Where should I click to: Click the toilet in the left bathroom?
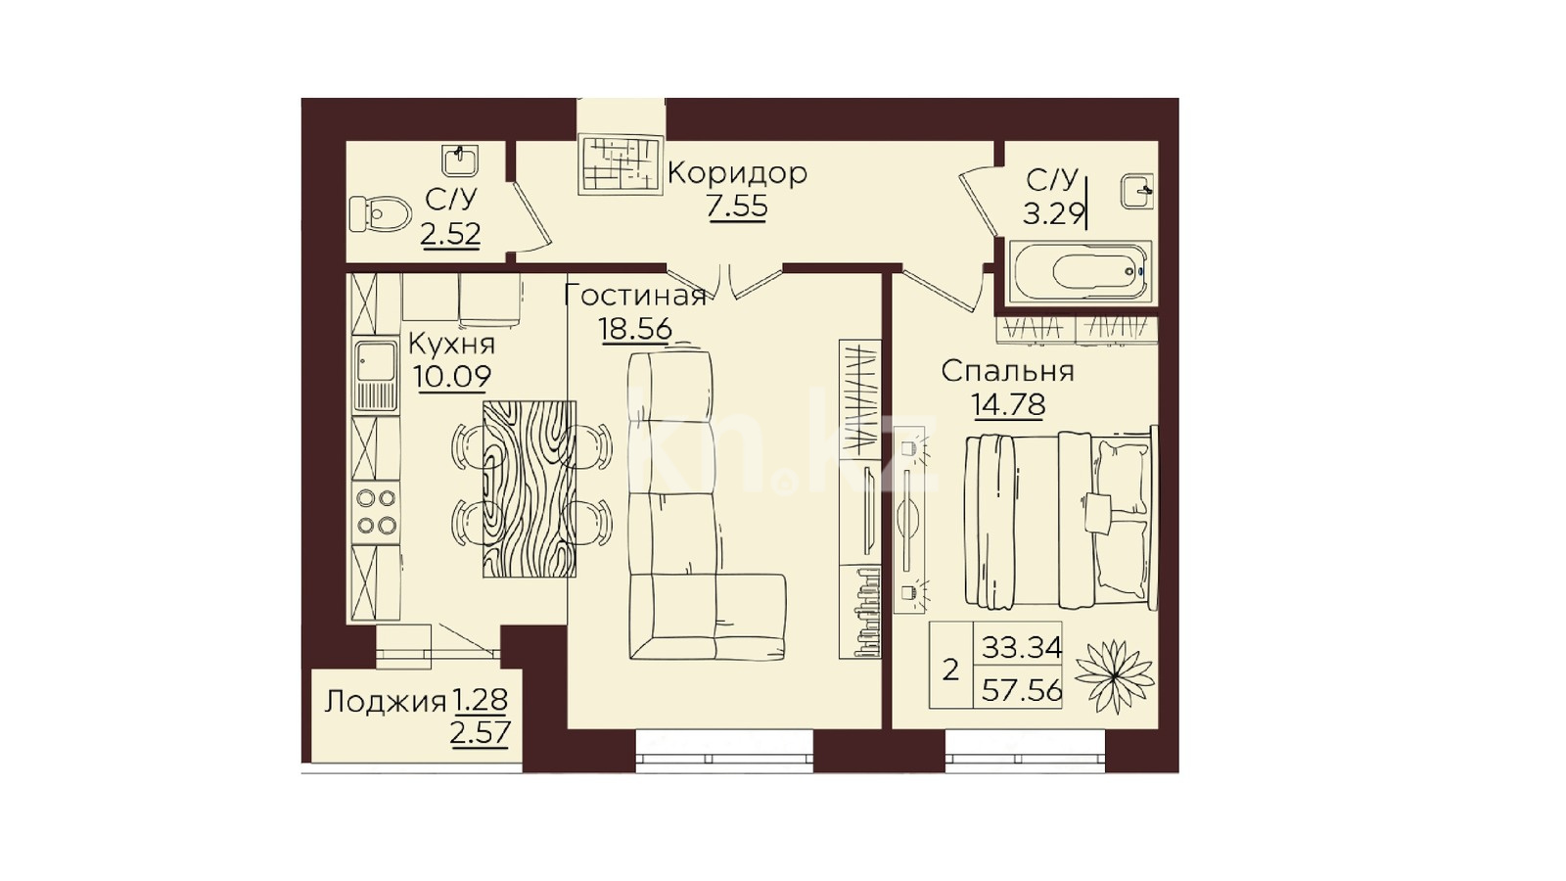pos(380,213)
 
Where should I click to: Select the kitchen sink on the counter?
pos(376,376)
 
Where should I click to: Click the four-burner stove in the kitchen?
pos(376,512)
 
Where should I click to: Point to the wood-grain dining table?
pos(530,488)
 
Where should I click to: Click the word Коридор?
pos(738,172)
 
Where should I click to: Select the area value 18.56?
pos(636,329)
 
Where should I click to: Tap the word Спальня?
pos(1007,372)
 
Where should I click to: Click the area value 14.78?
pos(1009,404)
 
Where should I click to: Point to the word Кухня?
pos(451,344)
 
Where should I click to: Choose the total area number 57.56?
pos(1022,691)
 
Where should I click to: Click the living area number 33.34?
pos(1022,647)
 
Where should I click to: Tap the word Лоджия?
pos(386,702)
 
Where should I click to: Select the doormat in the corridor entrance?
pos(621,164)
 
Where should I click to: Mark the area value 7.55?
pos(737,207)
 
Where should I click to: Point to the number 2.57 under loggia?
pos(481,733)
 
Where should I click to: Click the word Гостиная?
pos(635,297)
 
